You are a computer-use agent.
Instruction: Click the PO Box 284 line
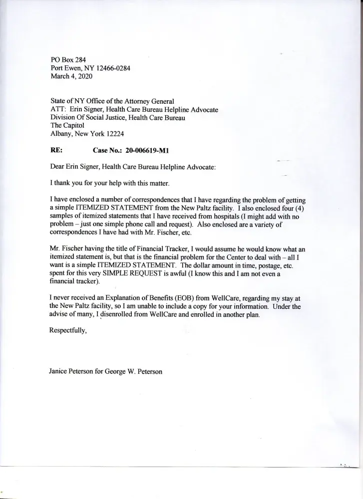point(68,59)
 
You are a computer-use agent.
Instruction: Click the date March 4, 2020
point(71,77)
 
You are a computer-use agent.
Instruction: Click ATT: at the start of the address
point(59,109)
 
